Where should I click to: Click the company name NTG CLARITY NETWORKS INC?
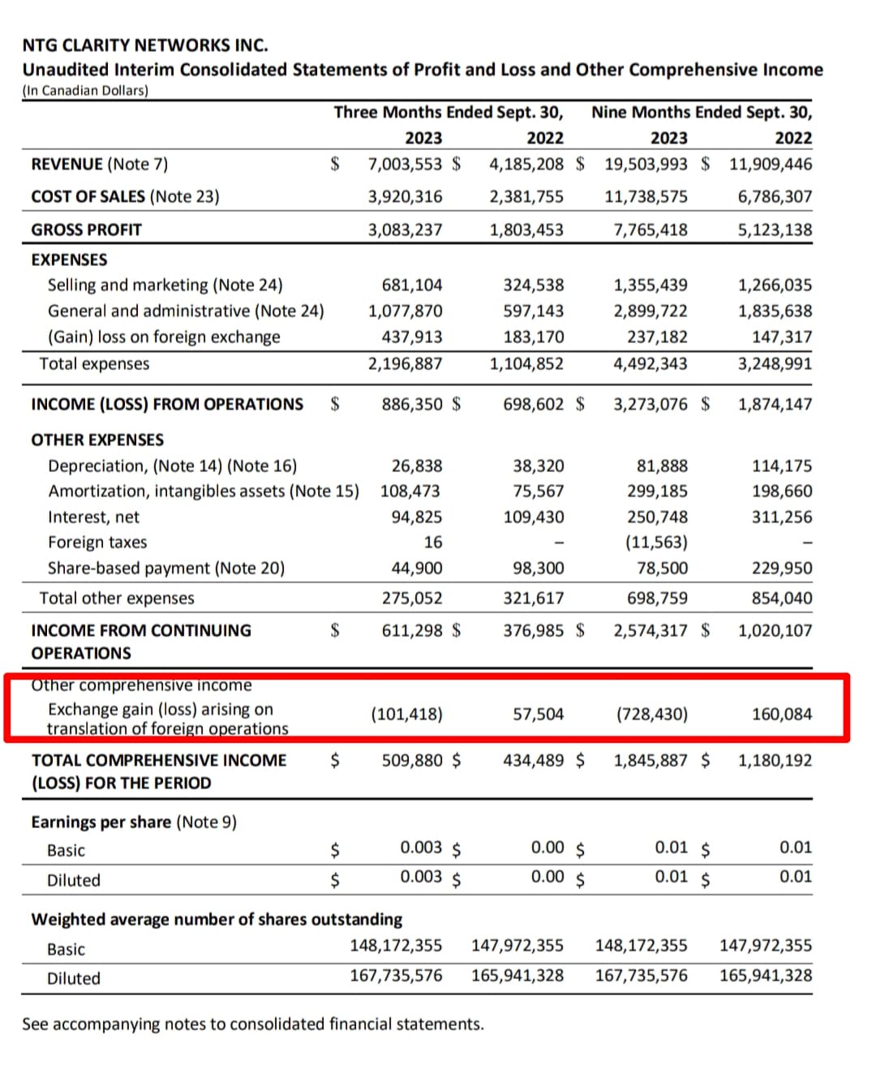click(145, 45)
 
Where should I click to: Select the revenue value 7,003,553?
click(405, 164)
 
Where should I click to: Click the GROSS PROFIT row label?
click(86, 230)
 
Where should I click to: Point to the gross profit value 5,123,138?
click(774, 230)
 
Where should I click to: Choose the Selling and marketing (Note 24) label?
click(165, 285)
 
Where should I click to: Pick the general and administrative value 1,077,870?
click(405, 311)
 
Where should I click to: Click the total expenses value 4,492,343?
click(650, 363)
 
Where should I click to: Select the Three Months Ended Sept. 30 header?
click(449, 112)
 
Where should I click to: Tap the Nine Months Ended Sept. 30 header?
click(701, 112)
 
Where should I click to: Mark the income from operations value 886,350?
click(412, 404)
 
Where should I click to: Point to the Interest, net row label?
click(93, 517)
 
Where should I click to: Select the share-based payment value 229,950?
click(781, 568)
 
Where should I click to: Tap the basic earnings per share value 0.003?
click(421, 848)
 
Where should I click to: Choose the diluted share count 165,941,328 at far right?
click(765, 975)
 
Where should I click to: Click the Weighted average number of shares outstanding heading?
click(217, 919)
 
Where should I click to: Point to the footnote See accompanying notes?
click(252, 1024)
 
